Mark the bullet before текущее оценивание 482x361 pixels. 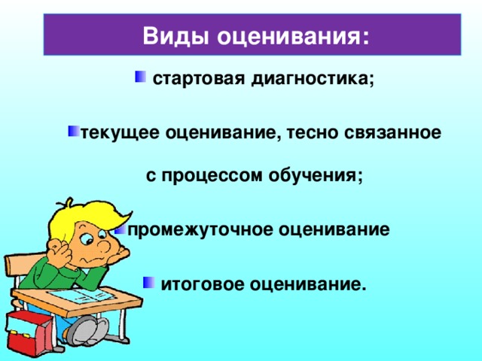73,132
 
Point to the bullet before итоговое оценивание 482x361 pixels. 148,282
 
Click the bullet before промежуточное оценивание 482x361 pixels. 120,228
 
